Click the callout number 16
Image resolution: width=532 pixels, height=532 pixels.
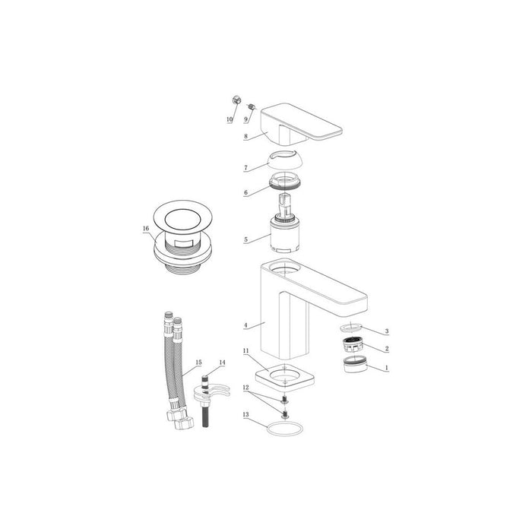point(144,227)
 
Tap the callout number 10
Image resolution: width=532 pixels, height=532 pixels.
point(229,120)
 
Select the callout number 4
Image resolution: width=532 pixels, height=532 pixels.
point(245,325)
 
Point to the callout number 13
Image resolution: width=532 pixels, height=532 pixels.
point(245,414)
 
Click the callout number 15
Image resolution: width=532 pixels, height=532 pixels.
point(198,363)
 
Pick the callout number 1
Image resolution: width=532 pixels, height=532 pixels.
point(386,367)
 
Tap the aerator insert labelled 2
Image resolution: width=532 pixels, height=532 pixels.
point(352,347)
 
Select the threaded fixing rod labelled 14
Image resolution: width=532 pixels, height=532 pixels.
point(205,403)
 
